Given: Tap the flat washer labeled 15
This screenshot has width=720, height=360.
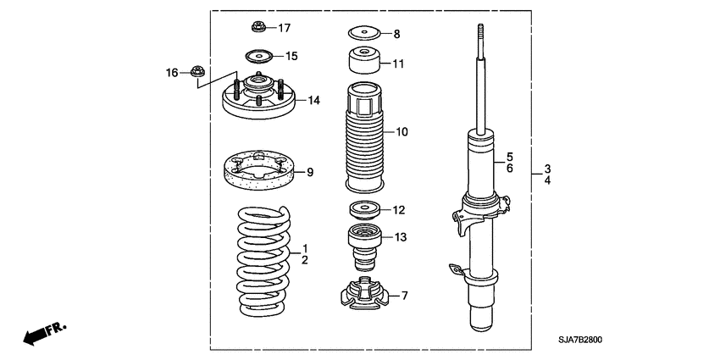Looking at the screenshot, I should point(259,57).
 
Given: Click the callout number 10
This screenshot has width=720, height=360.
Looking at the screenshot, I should point(401,131).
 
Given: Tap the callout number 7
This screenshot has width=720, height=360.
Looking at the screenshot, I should point(404,296).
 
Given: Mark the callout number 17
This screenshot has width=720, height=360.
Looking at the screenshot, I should point(284,28).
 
